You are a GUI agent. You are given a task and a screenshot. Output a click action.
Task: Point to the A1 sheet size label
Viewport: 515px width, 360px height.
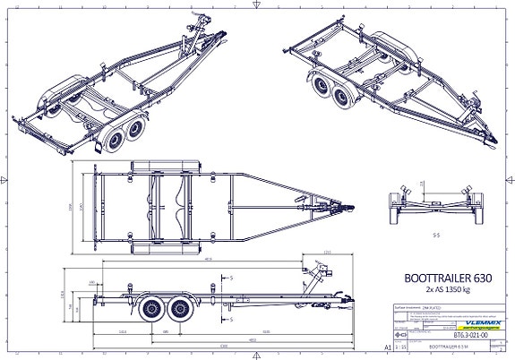388,344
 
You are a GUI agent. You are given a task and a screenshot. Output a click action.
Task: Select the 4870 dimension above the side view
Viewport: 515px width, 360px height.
208,259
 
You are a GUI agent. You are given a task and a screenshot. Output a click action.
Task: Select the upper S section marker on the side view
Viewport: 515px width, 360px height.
231,279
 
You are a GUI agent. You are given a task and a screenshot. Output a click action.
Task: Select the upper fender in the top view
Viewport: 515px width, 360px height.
167,167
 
